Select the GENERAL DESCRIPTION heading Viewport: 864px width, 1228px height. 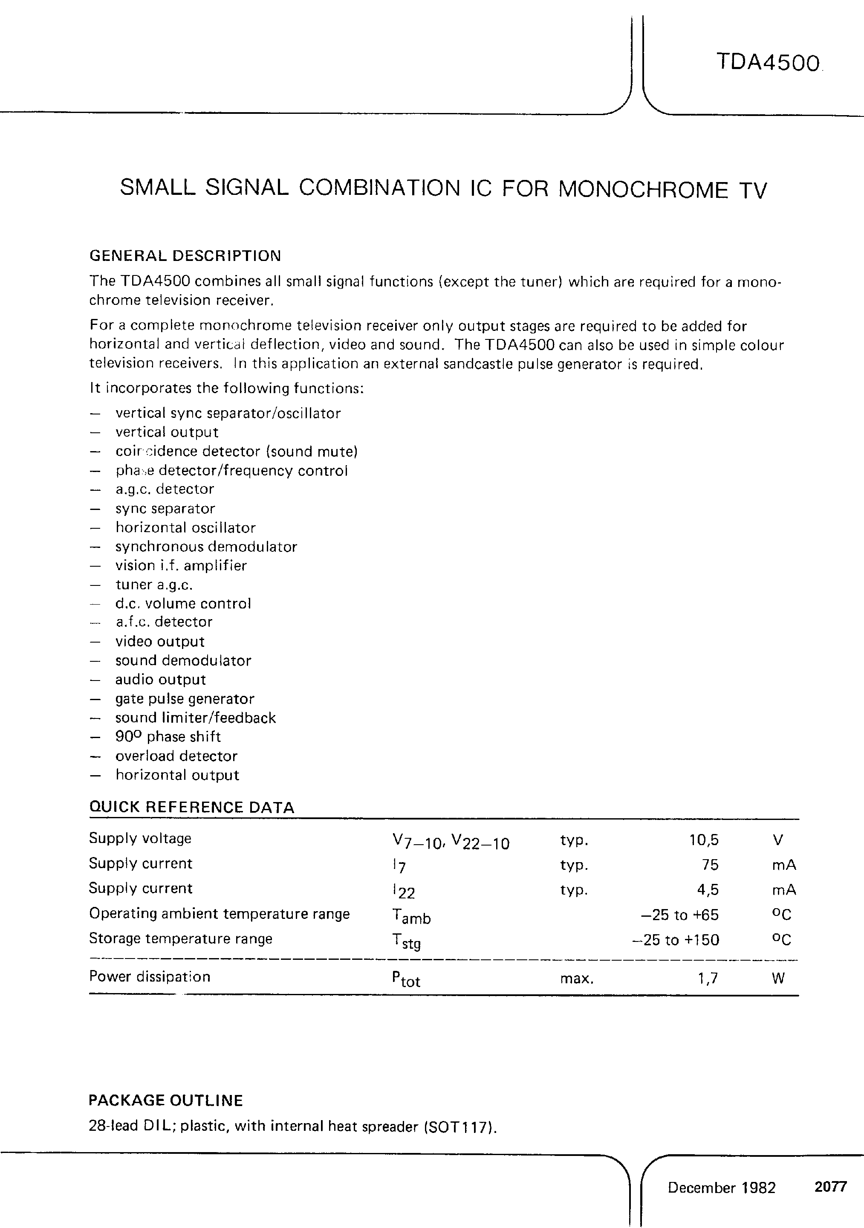pyautogui.click(x=185, y=256)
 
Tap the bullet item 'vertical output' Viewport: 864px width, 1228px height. pyautogui.click(x=167, y=432)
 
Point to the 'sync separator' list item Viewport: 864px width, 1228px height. pyautogui.click(x=165, y=509)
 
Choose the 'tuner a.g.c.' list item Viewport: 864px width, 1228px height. pyautogui.click(x=154, y=585)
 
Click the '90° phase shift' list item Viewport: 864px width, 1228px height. pyautogui.click(x=168, y=737)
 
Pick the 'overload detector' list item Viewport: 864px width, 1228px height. pyautogui.click(x=176, y=756)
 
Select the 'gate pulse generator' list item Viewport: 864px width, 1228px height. pyautogui.click(x=185, y=699)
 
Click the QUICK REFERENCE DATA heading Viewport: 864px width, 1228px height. pyautogui.click(x=191, y=808)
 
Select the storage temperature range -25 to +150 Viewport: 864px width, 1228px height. pyautogui.click(x=675, y=940)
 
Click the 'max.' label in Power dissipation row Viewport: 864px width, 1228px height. pyautogui.click(x=576, y=979)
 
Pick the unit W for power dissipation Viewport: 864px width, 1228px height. pyautogui.click(x=778, y=979)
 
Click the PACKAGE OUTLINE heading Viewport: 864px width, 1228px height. pyautogui.click(x=166, y=1100)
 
